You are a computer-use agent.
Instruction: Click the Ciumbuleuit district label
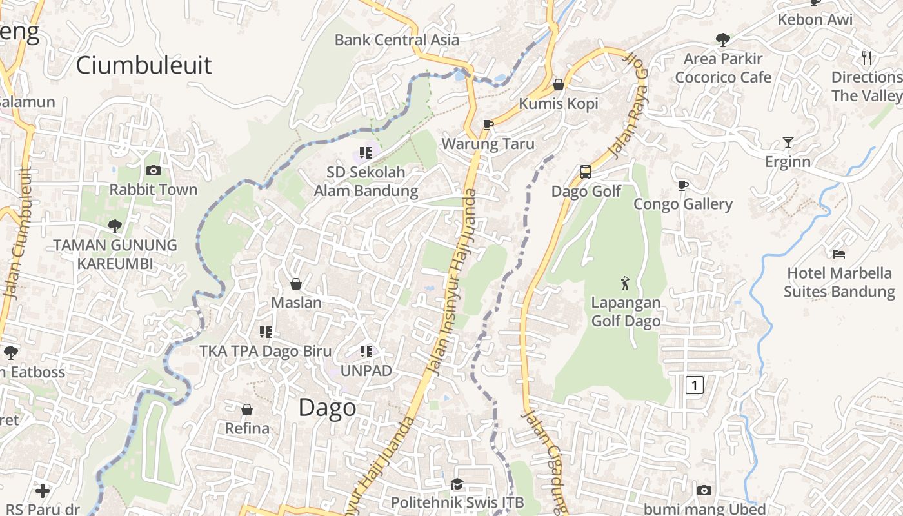[143, 65]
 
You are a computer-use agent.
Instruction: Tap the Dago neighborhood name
[328, 408]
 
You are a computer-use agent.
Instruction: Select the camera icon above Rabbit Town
[154, 171]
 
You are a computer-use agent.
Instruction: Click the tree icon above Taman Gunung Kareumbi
[115, 226]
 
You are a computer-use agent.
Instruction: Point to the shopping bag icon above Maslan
[296, 284]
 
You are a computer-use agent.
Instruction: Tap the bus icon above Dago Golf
[586, 172]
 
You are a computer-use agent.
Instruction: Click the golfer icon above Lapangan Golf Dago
[625, 283]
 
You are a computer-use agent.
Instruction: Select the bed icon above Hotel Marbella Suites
[838, 254]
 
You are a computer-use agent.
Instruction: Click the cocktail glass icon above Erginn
[788, 143]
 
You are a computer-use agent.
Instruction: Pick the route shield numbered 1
[694, 386]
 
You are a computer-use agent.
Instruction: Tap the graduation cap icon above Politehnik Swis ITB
[457, 484]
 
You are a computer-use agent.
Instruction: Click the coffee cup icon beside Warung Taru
[488, 124]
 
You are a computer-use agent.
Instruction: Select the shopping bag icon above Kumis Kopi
[559, 84]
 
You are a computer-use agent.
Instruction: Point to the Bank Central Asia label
[397, 40]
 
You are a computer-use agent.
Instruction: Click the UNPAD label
[366, 371]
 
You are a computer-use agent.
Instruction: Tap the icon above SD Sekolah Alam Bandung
[366, 153]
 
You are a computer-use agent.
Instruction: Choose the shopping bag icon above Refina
[246, 410]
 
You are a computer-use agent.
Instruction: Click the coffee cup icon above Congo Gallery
[683, 186]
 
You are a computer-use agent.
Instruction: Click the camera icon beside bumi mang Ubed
[704, 491]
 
